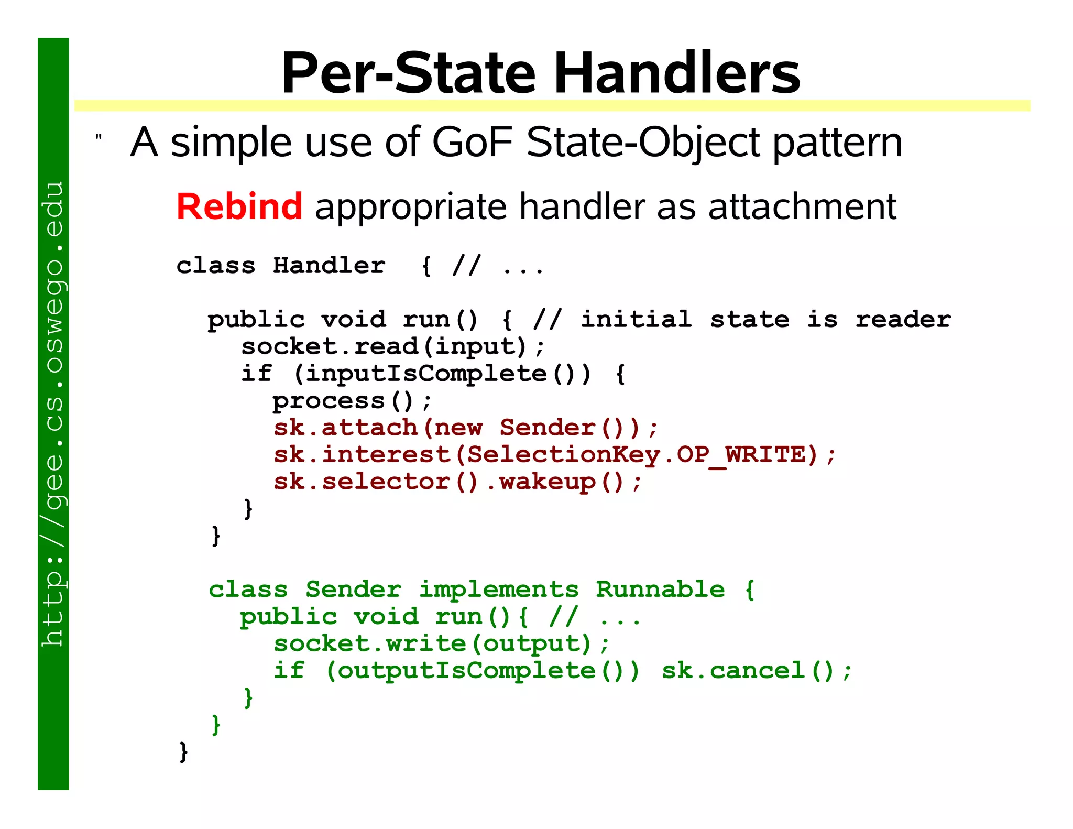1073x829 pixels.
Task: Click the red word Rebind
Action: click(239, 206)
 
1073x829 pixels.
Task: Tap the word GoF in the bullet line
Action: click(472, 142)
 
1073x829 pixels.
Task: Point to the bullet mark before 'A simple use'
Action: click(98, 138)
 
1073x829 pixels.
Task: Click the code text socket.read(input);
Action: click(393, 346)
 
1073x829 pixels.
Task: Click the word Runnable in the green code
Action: click(660, 590)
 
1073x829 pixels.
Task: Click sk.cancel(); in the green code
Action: click(757, 671)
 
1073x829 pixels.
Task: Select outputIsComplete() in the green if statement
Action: click(482, 671)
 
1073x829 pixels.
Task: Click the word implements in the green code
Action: click(499, 590)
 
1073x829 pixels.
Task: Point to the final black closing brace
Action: click(183, 752)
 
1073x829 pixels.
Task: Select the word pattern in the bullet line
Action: click(837, 142)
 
